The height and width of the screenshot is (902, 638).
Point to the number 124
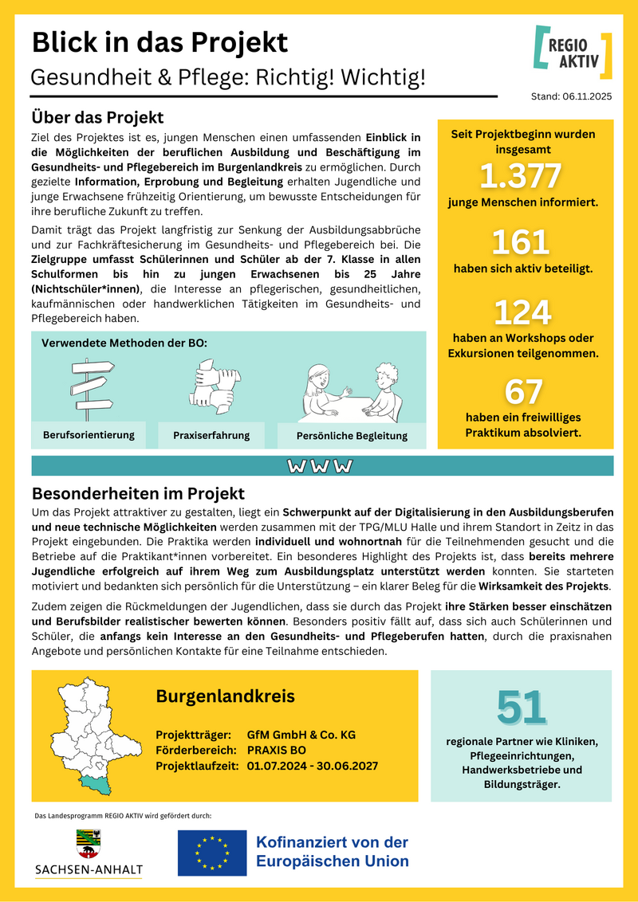[522, 312]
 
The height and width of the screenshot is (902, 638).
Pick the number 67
[523, 391]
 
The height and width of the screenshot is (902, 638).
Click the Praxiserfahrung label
[211, 435]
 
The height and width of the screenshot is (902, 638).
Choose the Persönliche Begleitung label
[352, 436]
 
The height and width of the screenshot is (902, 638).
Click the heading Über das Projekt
[97, 118]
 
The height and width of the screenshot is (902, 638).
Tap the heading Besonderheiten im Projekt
[138, 493]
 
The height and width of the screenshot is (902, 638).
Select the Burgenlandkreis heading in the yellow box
[225, 696]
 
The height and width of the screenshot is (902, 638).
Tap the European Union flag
[212, 853]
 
